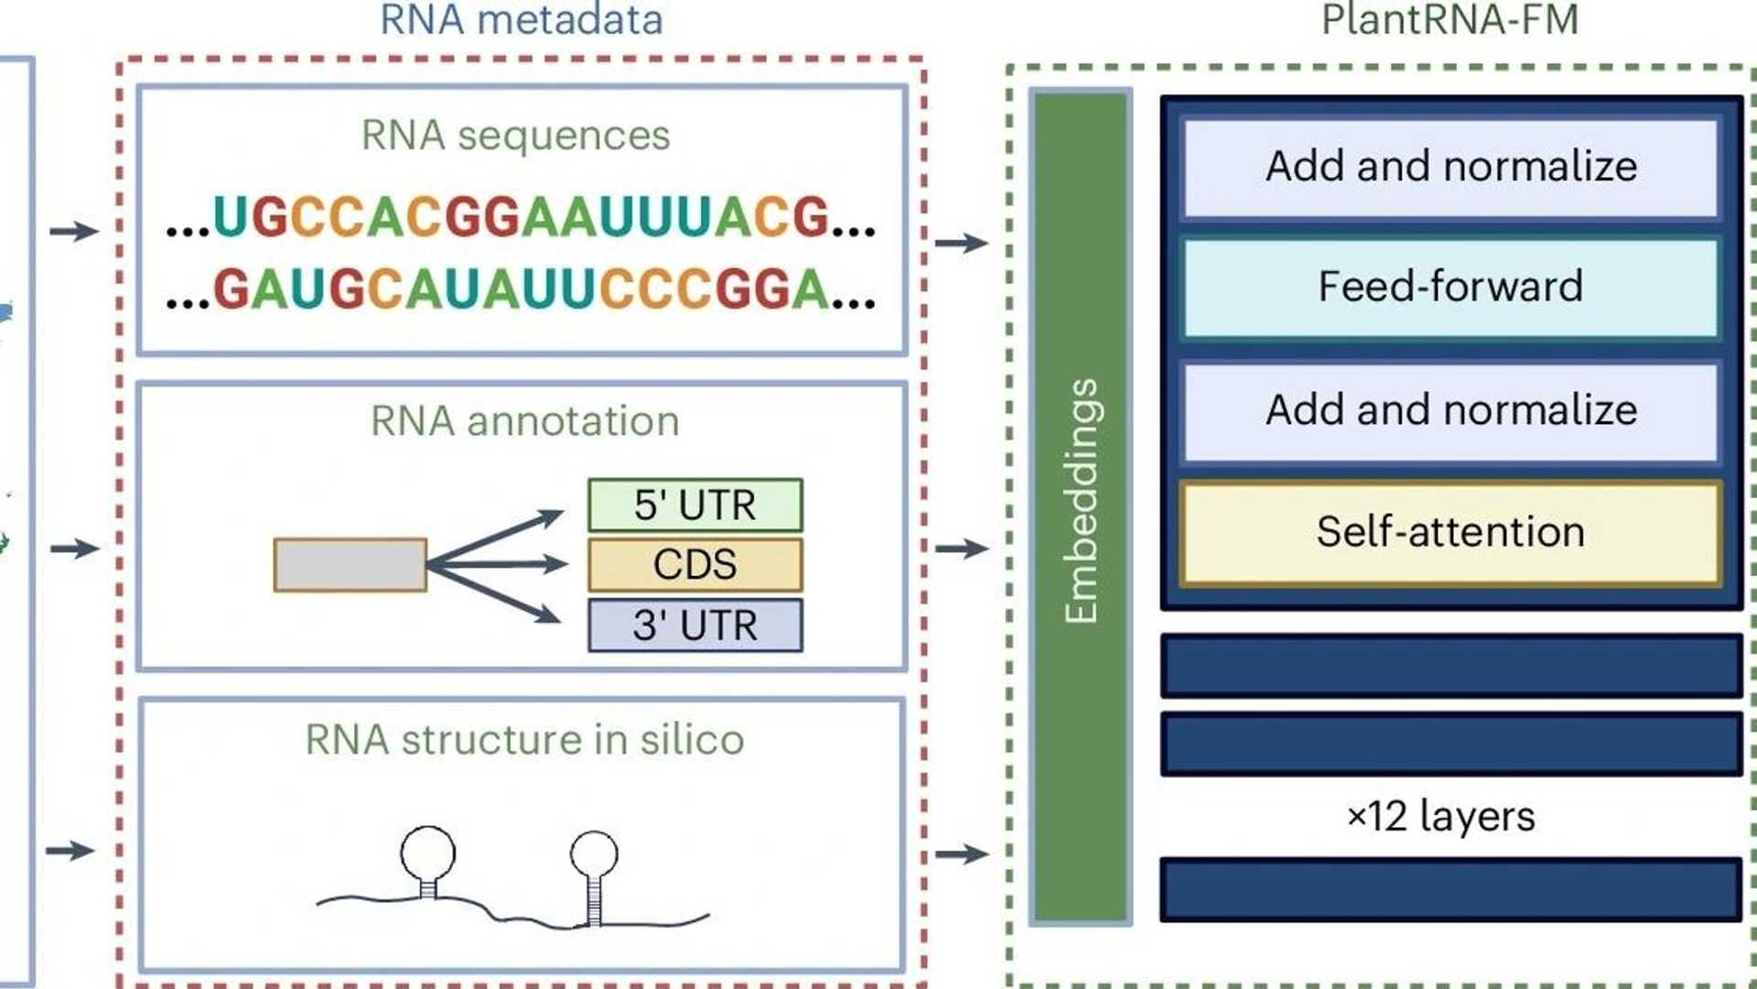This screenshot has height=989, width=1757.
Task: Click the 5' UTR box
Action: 695,505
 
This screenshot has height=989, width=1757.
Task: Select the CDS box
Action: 695,565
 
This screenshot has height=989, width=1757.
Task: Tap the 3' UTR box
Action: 695,625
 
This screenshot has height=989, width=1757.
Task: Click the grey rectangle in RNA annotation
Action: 350,565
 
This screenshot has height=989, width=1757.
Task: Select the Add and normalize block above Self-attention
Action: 1450,410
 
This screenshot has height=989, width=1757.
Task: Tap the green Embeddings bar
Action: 1080,504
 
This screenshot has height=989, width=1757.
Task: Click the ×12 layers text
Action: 1440,816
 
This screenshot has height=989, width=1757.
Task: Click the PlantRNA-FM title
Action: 1450,20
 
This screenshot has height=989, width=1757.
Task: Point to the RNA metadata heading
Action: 521,20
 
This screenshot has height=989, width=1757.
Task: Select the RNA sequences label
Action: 515,136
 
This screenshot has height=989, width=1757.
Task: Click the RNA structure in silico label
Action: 524,740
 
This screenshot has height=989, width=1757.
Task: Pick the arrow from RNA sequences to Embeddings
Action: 961,243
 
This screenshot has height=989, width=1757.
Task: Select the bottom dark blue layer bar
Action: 1450,889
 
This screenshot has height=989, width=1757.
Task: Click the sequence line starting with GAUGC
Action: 521,289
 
